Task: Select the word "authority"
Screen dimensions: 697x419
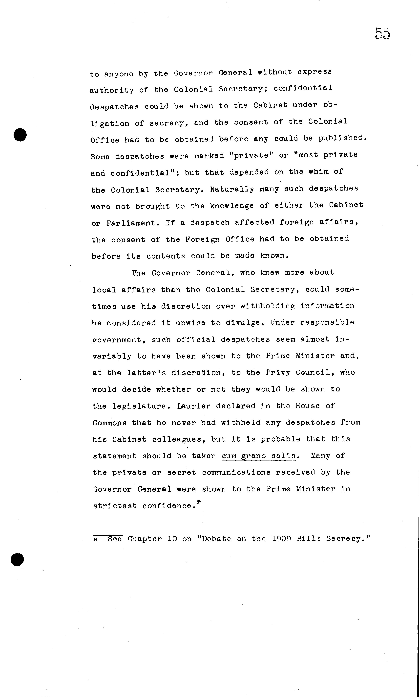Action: [111, 90]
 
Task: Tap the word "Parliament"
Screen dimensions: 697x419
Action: [131, 223]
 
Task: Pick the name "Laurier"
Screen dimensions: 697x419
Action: [194, 406]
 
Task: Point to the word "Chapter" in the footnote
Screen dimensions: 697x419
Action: [145, 539]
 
